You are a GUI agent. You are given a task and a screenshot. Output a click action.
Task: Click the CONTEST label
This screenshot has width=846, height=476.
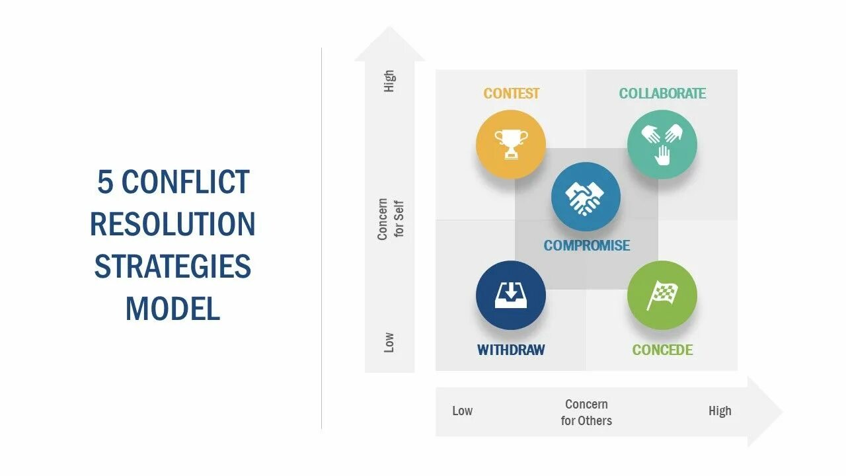click(511, 94)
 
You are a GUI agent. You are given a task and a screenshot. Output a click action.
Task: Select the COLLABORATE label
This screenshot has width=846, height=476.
click(662, 94)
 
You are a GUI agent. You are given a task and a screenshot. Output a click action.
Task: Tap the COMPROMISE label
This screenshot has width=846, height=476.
click(586, 246)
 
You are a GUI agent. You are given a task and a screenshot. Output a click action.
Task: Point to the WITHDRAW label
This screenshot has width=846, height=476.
click(511, 350)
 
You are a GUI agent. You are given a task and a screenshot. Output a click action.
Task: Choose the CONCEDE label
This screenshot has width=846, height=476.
click(662, 350)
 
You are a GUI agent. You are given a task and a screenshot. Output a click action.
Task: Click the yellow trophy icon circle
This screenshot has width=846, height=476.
click(511, 144)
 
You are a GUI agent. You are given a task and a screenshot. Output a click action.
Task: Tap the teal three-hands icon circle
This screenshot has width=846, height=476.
click(662, 144)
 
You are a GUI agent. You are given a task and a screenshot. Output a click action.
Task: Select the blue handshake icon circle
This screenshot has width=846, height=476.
click(586, 197)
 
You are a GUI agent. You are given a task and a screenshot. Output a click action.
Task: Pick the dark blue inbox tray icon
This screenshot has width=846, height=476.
click(511, 296)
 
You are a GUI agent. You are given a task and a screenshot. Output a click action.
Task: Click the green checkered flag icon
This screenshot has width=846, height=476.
click(662, 296)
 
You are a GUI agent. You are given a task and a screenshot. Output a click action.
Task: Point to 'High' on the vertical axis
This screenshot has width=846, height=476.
click(389, 81)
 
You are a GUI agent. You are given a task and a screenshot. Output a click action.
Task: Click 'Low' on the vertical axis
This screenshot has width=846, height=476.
click(389, 342)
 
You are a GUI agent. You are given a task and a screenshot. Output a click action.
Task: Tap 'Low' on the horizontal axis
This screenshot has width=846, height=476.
click(462, 411)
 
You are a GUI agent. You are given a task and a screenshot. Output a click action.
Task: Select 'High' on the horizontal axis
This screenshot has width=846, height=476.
click(720, 411)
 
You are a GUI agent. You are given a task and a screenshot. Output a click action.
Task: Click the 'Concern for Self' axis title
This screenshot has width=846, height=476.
click(391, 219)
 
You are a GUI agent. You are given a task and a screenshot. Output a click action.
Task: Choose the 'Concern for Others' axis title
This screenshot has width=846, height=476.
click(586, 413)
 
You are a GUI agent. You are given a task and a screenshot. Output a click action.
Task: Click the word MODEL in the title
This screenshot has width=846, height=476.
click(173, 309)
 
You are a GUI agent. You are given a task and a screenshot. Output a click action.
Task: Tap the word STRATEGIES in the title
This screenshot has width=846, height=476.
click(173, 266)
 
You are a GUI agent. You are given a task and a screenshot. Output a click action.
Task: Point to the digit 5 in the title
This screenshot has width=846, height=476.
click(105, 182)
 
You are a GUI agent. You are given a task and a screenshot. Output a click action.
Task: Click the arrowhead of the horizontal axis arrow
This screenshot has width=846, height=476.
click(765, 412)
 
